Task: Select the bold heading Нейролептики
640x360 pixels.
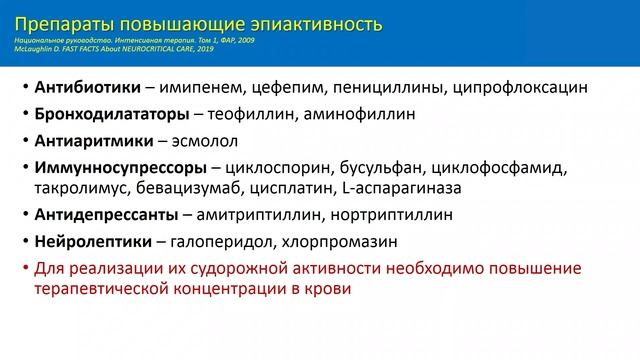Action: (x=92, y=241)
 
